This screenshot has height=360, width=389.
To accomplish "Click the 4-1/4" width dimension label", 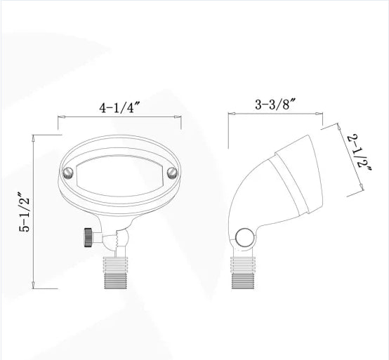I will click(x=120, y=109).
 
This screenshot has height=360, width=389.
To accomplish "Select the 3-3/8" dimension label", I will click(x=276, y=103).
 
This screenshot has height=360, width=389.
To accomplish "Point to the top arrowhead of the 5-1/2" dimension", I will click(x=34, y=140).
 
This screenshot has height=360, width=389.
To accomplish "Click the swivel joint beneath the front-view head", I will click(x=117, y=238).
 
